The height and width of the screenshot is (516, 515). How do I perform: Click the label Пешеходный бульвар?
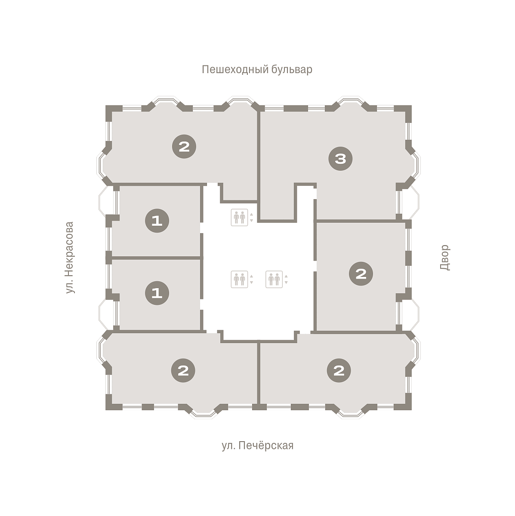tap(257, 70)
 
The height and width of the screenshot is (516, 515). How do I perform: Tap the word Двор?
tap(445, 257)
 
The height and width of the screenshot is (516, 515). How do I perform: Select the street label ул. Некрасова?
tap(70, 257)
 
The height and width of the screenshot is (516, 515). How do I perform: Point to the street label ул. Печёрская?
tap(257, 446)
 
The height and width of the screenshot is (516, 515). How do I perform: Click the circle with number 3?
tap(341, 159)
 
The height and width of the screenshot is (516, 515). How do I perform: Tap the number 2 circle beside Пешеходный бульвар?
tap(184, 147)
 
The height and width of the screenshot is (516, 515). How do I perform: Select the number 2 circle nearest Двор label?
tap(361, 273)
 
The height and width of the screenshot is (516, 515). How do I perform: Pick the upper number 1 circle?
tap(157, 221)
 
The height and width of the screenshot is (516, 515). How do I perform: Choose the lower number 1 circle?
tap(157, 293)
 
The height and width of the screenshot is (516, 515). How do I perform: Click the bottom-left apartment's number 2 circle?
tap(183, 371)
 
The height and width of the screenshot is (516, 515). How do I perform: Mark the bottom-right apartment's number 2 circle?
tap(339, 371)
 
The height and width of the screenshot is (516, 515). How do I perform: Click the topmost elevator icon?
tap(239, 218)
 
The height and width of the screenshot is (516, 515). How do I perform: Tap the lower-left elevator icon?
tap(239, 279)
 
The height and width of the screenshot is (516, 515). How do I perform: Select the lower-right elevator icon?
tap(274, 279)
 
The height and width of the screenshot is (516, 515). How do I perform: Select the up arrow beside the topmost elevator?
tap(251, 215)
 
